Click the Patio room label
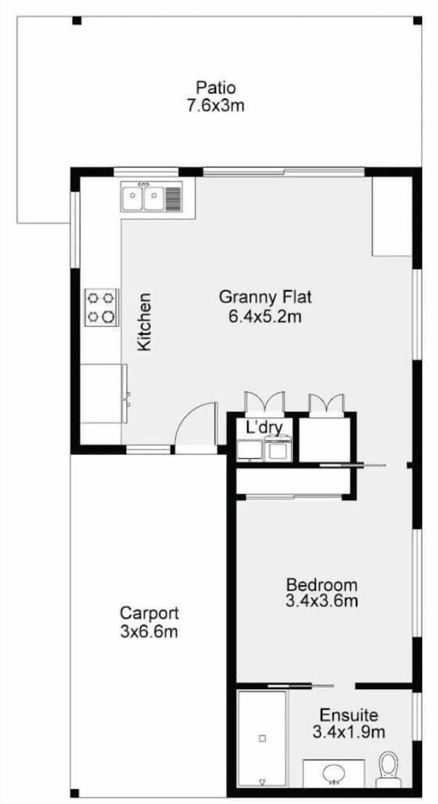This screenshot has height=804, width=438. [x=216, y=87]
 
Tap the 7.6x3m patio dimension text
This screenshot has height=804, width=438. [x=215, y=106]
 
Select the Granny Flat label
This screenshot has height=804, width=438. [x=266, y=297]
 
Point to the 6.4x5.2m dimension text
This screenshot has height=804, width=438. [x=265, y=316]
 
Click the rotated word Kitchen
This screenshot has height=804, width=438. [x=144, y=322]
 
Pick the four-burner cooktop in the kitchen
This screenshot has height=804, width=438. [x=101, y=307]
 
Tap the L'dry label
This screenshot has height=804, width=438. [x=264, y=428]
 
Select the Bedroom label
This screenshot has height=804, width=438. [x=322, y=585]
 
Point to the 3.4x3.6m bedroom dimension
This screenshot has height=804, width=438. [x=322, y=600]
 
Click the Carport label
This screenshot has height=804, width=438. [x=149, y=613]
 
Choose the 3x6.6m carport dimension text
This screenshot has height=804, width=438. [x=149, y=632]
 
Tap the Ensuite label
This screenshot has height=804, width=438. [x=349, y=715]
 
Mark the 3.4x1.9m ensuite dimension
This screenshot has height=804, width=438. [x=349, y=732]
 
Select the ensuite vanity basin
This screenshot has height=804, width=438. [x=334, y=773]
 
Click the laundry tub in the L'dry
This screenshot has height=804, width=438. [x=250, y=449]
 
